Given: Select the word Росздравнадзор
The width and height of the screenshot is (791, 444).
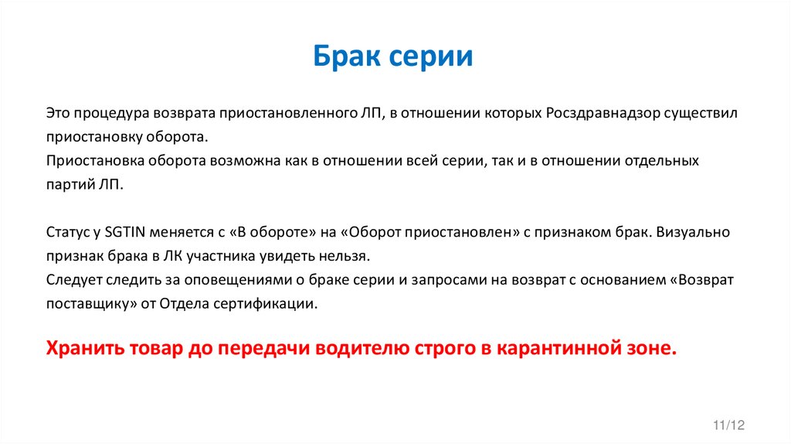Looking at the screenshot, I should [x=604, y=113].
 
